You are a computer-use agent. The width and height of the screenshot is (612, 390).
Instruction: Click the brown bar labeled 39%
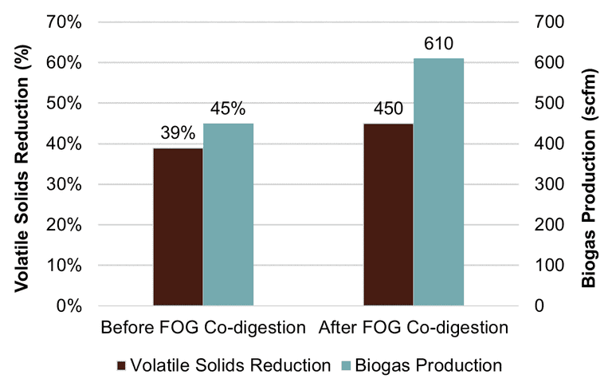[178, 227]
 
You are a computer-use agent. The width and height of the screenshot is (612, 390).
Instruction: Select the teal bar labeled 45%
[228, 215]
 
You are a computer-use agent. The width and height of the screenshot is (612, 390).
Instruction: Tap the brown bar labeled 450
[388, 215]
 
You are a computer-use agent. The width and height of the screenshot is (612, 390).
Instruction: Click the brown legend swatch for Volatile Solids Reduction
[121, 366]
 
